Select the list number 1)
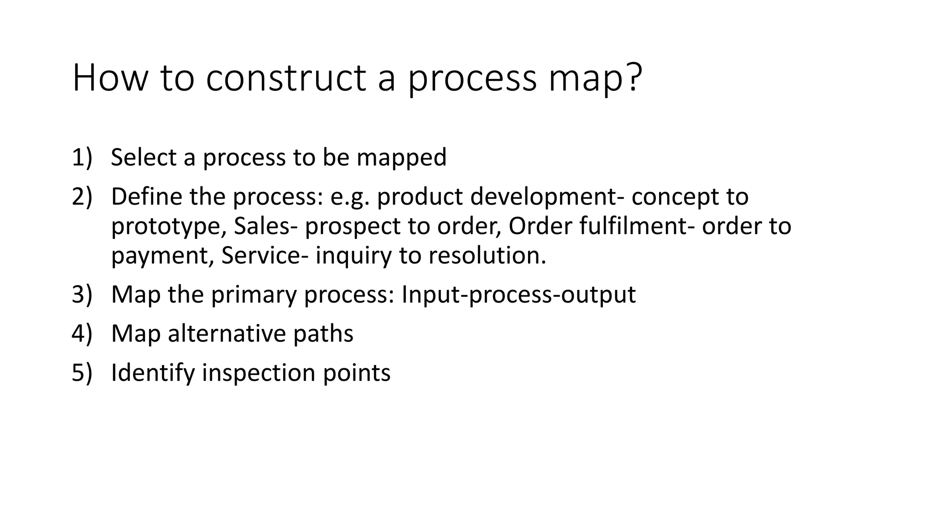coord(82,157)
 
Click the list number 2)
coord(82,196)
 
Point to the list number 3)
coord(82,294)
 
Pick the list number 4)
coord(82,334)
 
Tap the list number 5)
coord(82,373)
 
